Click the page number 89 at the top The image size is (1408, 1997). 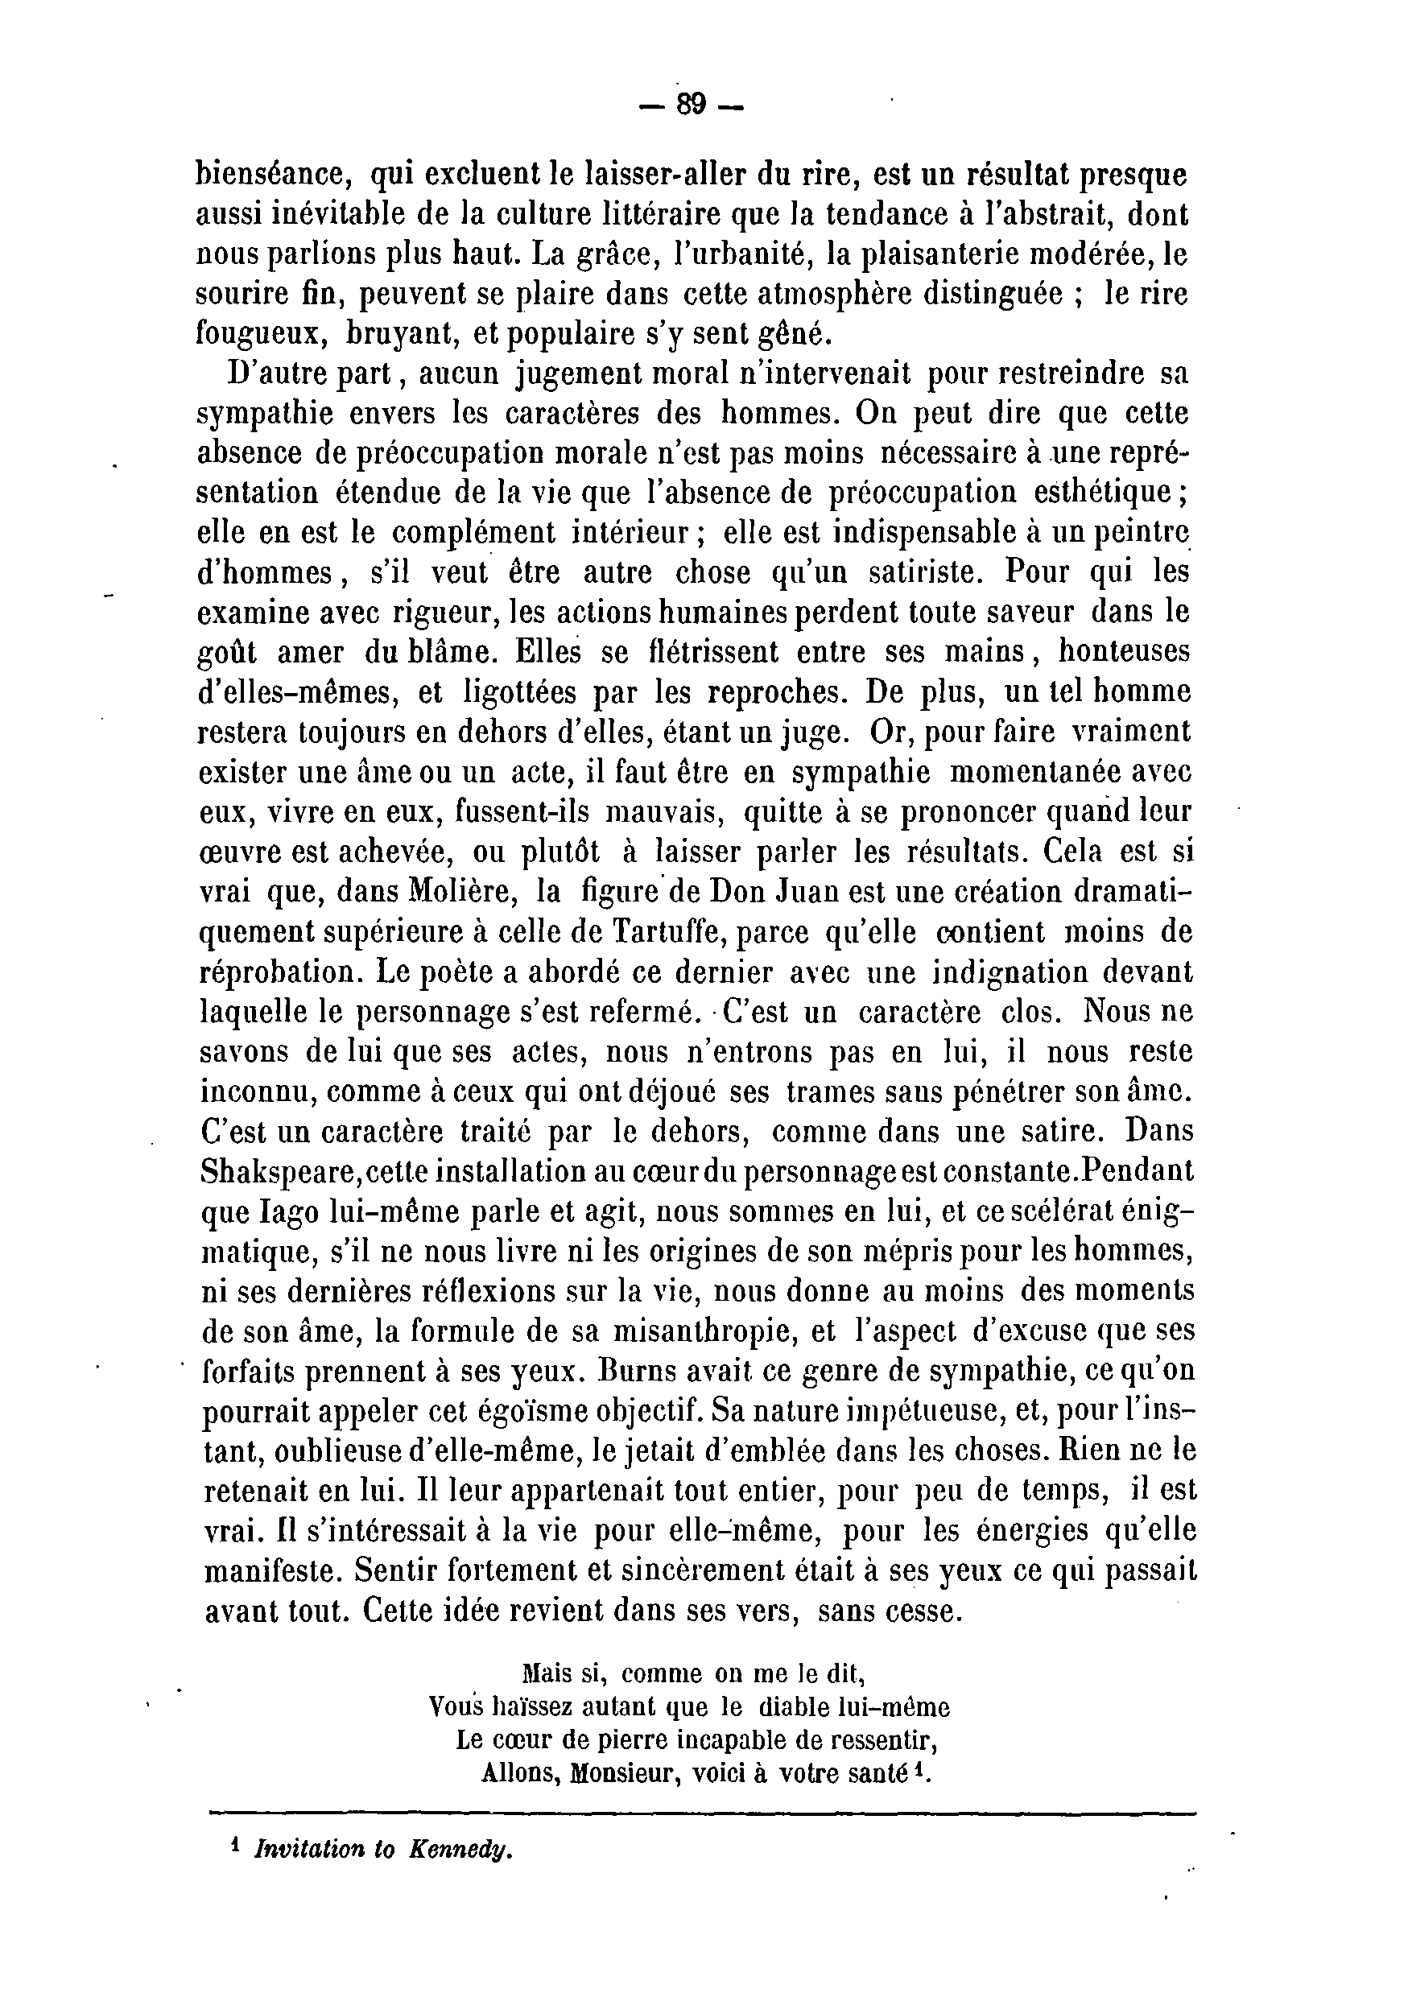tap(692, 105)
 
